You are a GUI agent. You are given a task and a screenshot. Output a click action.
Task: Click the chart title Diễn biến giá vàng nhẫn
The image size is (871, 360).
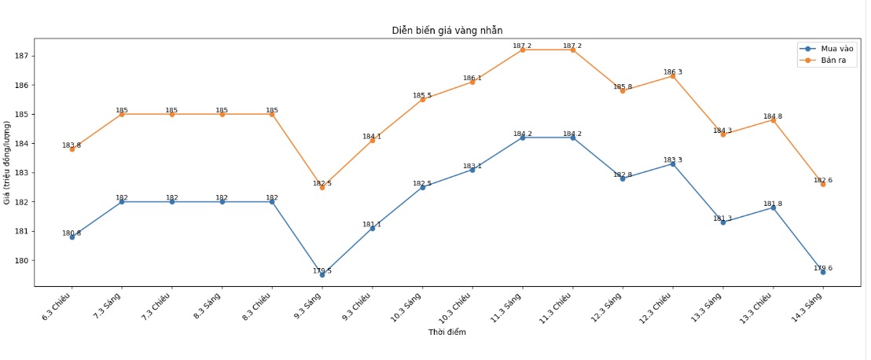(447, 30)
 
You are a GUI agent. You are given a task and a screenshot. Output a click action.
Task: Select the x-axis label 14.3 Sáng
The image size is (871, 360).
(810, 303)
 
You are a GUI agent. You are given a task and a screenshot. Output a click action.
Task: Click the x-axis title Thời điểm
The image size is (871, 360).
(447, 332)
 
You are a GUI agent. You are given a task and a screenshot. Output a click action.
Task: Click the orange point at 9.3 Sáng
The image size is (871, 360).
(322, 187)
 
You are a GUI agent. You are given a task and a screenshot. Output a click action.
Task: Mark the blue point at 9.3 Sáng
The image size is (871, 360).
(322, 275)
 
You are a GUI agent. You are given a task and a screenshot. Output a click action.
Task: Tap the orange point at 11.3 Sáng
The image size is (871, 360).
(523, 50)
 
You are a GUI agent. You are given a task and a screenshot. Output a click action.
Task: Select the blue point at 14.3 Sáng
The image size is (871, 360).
(823, 272)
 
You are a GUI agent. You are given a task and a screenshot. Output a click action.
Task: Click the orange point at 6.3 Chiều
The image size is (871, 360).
(72, 149)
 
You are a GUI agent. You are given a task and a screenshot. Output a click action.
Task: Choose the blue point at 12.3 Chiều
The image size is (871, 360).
(673, 163)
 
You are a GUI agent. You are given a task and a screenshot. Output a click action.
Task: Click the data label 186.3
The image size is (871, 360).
(673, 72)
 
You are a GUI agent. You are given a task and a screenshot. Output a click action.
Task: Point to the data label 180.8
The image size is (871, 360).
(72, 233)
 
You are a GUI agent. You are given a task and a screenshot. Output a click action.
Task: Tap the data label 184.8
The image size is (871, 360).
(773, 116)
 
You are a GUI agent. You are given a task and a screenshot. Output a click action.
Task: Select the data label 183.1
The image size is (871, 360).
(472, 166)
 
